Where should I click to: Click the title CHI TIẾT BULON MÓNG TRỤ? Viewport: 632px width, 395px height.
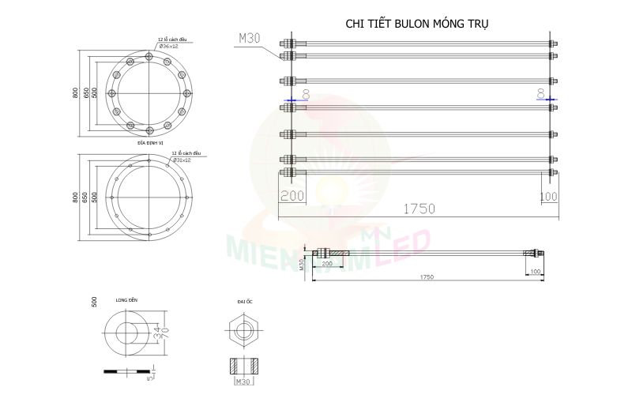(x=417, y=24)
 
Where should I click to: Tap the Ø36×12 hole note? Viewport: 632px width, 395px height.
(x=170, y=47)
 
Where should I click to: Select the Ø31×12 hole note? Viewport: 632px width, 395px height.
(x=179, y=160)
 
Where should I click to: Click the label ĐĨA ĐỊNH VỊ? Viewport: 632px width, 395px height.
(x=150, y=143)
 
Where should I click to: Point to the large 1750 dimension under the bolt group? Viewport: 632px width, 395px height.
(x=419, y=209)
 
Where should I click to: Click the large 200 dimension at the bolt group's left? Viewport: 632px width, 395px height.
(x=292, y=195)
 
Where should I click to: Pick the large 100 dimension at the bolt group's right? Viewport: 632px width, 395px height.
(x=548, y=195)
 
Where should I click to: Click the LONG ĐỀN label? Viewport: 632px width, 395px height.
(x=126, y=301)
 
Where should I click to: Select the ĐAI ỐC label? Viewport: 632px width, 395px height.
(x=244, y=302)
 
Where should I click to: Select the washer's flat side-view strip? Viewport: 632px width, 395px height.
(x=126, y=370)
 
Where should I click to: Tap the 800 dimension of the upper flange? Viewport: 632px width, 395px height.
(x=75, y=92)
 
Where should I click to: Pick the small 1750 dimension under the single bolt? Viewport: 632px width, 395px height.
(x=427, y=277)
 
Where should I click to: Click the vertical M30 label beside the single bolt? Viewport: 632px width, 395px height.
(x=302, y=264)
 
